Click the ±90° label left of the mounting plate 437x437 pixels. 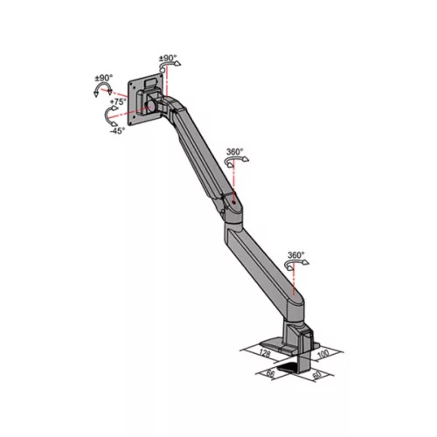point(104,79)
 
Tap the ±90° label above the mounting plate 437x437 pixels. point(167,60)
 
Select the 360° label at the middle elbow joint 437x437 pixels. point(234,152)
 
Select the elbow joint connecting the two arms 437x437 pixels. point(231,206)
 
